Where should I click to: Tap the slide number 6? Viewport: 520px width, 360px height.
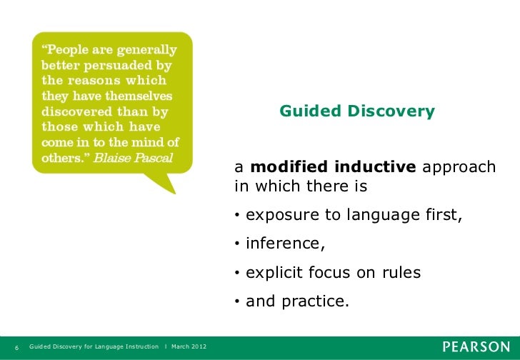[x=16, y=347]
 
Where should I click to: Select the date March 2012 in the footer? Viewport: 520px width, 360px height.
[x=189, y=347]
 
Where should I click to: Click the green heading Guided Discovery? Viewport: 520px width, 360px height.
[x=356, y=111]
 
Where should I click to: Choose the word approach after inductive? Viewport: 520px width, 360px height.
[x=458, y=167]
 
